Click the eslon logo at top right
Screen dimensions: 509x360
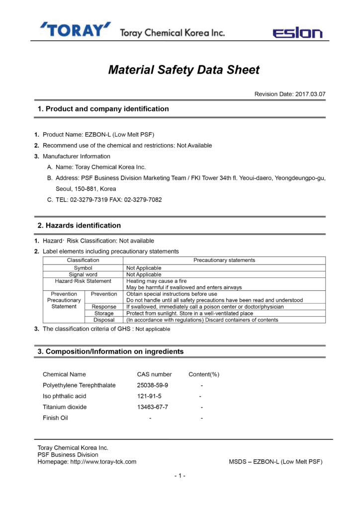pos(297,33)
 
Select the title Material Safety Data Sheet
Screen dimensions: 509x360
pos(184,70)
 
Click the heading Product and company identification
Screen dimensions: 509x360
pos(103,109)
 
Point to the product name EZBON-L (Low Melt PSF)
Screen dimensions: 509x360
pos(127,135)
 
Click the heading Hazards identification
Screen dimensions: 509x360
pos(80,226)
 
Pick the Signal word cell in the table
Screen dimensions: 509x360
pos(83,274)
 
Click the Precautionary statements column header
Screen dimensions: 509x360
pos(224,260)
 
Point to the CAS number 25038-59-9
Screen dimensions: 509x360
pos(153,385)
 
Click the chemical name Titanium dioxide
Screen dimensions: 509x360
pos(65,407)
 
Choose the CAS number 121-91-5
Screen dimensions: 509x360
pos(149,396)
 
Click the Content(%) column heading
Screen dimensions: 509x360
pos(204,374)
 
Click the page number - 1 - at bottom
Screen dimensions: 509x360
pos(180,476)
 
